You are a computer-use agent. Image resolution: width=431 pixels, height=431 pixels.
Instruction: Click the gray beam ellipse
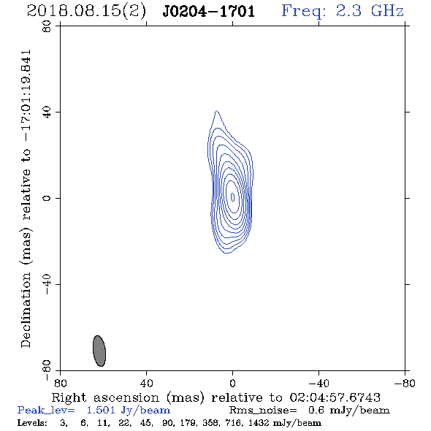pos(99,351)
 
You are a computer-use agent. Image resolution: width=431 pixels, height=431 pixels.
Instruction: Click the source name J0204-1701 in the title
pos(208,12)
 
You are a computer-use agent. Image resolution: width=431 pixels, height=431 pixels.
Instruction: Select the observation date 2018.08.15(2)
pos(86,12)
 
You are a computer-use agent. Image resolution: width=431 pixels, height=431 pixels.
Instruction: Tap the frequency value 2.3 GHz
pos(370,11)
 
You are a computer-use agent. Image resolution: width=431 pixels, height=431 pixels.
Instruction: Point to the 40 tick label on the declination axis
pos(47,112)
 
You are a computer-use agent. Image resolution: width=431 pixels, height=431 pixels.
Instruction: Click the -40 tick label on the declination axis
pos(47,284)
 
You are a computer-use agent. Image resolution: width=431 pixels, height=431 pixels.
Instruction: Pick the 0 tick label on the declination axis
pos(47,198)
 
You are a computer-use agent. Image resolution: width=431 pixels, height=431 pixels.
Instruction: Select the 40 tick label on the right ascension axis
pos(146,383)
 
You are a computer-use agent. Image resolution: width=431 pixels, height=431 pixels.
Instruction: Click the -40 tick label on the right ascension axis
pos(319,383)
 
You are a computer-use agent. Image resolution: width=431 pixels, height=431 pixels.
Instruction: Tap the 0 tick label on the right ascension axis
pos(232,383)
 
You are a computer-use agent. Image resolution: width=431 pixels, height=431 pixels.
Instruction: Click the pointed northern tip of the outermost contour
pos(217,111)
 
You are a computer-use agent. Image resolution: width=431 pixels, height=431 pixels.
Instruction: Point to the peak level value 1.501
pos(101,410)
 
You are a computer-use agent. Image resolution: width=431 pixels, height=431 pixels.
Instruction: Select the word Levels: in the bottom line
pos(32,422)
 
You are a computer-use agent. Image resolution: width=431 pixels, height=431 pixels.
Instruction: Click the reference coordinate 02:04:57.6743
pos(335,397)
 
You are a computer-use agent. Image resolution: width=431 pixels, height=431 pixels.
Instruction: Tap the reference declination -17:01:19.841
pos(26,96)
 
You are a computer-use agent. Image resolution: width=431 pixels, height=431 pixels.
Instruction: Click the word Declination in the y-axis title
pos(26,310)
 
